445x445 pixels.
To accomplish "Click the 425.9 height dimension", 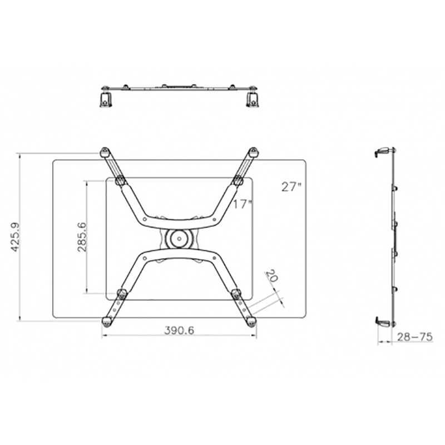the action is (15, 238).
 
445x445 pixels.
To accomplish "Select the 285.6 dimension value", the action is (82, 237).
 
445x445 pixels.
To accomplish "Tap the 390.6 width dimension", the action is (179, 330).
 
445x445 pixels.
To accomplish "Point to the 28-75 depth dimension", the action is (414, 337).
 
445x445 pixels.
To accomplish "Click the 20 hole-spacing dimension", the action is (271, 275).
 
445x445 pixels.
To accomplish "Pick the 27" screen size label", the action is (291, 187).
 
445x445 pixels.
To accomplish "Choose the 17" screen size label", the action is (243, 204).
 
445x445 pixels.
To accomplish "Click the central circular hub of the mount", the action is (179, 239).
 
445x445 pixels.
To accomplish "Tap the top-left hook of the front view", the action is (105, 152).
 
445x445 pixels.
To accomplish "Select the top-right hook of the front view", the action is (253, 152).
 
